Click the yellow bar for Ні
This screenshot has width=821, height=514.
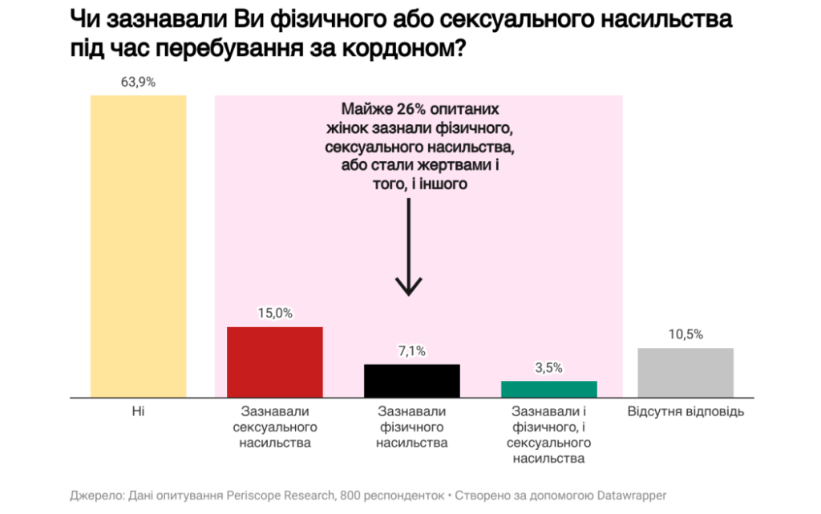(x=138, y=246)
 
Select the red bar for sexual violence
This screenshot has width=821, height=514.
(x=275, y=362)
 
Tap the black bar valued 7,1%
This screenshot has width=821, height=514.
(x=412, y=381)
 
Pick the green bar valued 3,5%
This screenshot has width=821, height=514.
(x=549, y=389)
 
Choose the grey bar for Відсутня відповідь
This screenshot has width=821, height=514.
(x=686, y=373)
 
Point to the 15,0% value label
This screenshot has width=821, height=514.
(x=275, y=314)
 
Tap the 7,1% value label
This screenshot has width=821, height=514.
(x=412, y=351)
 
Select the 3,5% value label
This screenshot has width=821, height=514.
(x=549, y=368)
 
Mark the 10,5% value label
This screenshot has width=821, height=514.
(x=686, y=334)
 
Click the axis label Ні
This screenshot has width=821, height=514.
(x=138, y=412)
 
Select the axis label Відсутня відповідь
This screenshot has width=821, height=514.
(x=686, y=412)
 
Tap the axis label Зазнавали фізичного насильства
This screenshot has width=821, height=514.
(x=412, y=427)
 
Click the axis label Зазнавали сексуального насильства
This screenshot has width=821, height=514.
(x=275, y=427)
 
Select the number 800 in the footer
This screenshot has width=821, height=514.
(x=350, y=496)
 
